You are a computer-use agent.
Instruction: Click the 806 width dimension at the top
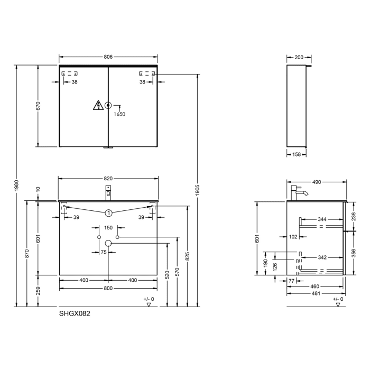point(108,57)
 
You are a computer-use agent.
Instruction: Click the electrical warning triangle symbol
point(98,105)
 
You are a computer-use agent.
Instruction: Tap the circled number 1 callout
point(108,212)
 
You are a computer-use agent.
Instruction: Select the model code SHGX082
point(75,313)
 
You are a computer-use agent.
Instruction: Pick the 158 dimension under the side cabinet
point(297,154)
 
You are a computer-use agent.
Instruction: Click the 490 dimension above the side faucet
point(316,182)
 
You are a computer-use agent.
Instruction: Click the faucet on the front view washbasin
point(108,192)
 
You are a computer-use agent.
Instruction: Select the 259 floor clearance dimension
point(38,290)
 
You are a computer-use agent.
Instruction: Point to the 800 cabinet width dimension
point(108,288)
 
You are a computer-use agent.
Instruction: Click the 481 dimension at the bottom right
point(316,293)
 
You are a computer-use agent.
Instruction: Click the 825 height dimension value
point(188,256)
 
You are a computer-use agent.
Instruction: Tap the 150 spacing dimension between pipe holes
point(108,228)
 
